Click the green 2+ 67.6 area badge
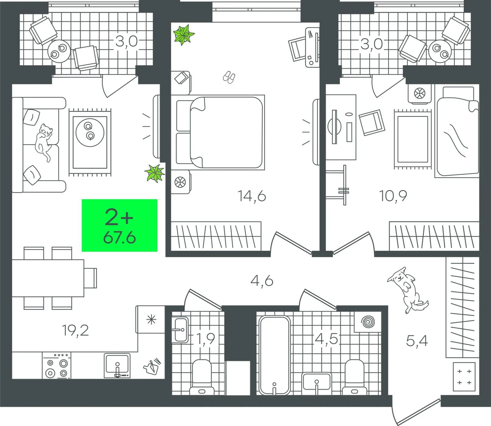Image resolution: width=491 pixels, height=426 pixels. point(119,225)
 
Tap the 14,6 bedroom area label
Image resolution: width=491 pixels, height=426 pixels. point(252,196)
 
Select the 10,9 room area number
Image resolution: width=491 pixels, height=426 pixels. point(393,196)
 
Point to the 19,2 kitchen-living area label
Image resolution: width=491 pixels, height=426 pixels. point(75,330)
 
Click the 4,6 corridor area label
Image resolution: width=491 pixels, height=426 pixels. point(262,281)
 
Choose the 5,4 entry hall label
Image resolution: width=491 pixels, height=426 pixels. point(417,341)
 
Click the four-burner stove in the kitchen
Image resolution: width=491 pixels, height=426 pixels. point(57,366)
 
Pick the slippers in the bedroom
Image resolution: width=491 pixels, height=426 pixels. point(229,77)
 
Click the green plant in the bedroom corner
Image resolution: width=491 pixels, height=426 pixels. point(183,35)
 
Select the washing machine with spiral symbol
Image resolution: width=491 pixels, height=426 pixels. point(368,322)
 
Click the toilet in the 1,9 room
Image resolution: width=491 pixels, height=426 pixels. point(202,377)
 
